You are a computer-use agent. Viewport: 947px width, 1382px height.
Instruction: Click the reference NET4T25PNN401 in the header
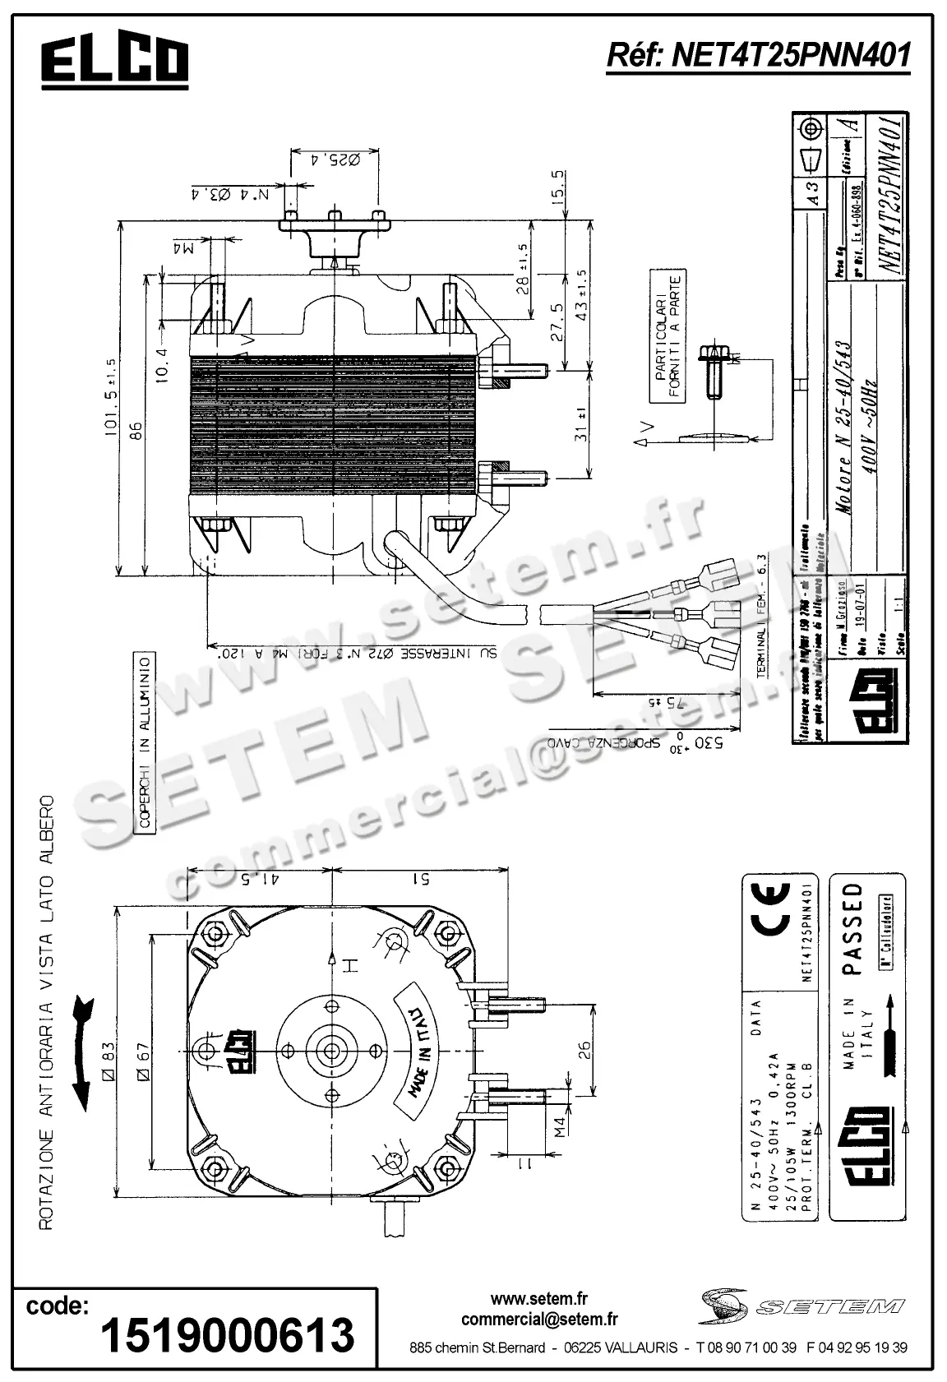point(757,55)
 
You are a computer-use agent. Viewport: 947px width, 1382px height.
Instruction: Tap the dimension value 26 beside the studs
point(583,1049)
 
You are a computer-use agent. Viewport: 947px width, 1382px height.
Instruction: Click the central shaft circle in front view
point(333,1050)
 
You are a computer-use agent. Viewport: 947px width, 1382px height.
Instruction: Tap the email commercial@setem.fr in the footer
point(539,1320)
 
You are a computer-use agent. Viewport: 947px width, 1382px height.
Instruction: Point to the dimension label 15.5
point(558,187)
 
